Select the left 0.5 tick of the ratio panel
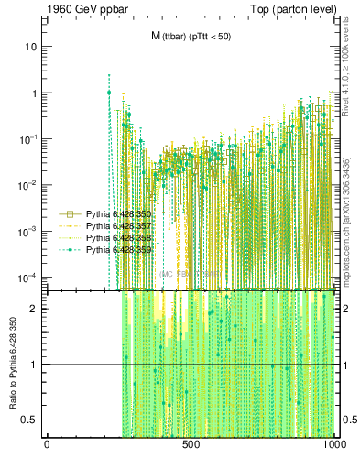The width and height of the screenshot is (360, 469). coord(32,420)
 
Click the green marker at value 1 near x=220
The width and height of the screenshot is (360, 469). coord(109,93)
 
